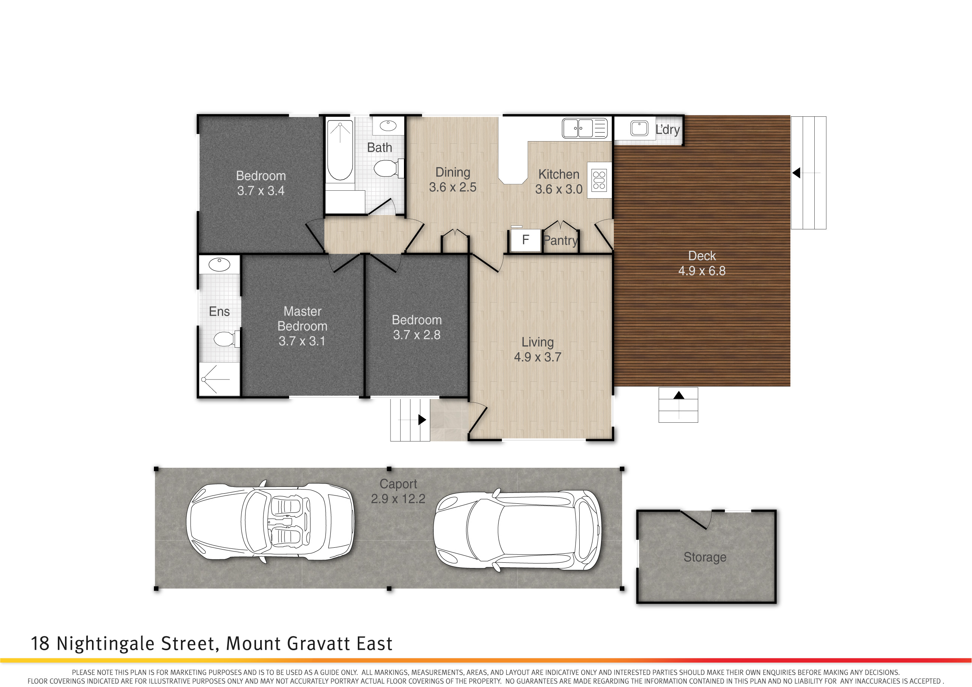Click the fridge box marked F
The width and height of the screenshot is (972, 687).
click(x=525, y=240)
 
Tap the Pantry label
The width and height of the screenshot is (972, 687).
click(x=560, y=240)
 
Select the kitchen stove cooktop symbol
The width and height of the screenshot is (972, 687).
click(x=599, y=180)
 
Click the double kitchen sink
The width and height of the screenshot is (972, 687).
click(x=585, y=128)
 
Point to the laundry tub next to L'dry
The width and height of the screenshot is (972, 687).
click(x=639, y=128)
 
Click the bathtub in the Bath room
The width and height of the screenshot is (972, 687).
click(x=340, y=150)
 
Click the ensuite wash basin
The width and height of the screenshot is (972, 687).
click(x=219, y=264)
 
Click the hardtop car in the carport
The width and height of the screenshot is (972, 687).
click(x=517, y=530)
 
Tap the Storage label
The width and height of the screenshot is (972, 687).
click(x=705, y=557)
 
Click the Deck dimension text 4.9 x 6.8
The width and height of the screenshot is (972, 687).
click(x=702, y=271)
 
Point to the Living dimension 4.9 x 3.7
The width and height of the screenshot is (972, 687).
click(x=538, y=357)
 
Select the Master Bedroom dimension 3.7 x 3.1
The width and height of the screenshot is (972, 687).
click(x=302, y=341)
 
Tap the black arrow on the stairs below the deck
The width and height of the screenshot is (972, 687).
click(x=679, y=395)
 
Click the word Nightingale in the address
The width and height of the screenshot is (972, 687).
click(x=109, y=644)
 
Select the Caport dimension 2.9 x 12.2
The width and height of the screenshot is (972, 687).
click(x=398, y=499)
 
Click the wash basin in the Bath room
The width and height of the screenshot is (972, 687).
click(x=388, y=125)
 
